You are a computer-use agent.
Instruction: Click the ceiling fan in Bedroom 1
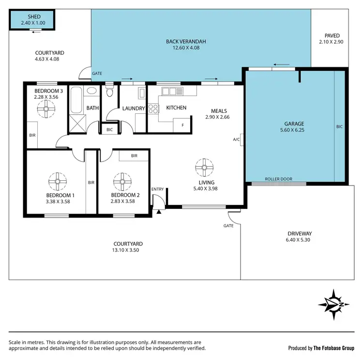pyautogui.click(x=57, y=182)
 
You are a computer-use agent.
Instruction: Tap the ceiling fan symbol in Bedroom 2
pyautogui.click(x=122, y=182)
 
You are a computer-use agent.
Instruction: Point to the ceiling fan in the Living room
pyautogui.click(x=205, y=168)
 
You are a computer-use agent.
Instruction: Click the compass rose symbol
pyautogui.click(x=333, y=303)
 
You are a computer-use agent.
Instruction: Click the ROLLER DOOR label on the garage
pyautogui.click(x=278, y=179)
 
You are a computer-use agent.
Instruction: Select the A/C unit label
pyautogui.click(x=237, y=140)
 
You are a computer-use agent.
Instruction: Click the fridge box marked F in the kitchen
pyautogui.click(x=182, y=125)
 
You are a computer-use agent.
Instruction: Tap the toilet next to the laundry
pyautogui.click(x=110, y=92)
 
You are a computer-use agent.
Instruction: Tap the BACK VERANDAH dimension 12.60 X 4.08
pyautogui.click(x=183, y=48)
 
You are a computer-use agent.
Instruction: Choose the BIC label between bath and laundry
pyautogui.click(x=109, y=129)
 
